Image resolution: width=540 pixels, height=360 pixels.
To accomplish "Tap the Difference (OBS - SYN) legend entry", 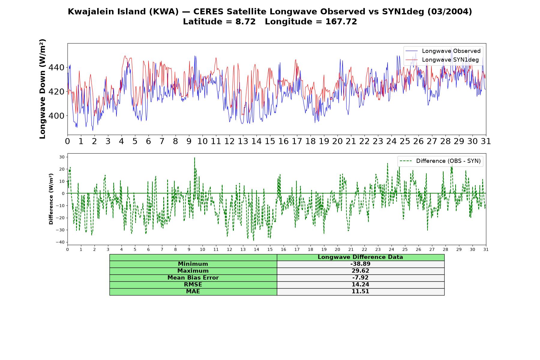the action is pyautogui.click(x=440, y=161).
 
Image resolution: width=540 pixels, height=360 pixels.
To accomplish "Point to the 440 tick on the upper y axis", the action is pyautogui.click(x=56, y=67).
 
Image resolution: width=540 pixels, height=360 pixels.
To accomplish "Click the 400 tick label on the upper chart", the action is pyautogui.click(x=56, y=116).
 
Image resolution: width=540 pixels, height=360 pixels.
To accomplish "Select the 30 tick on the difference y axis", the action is pyautogui.click(x=62, y=157).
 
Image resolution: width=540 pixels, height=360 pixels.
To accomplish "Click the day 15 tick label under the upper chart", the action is pyautogui.click(x=270, y=141).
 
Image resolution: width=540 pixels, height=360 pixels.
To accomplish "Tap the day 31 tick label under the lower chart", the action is pyautogui.click(x=486, y=250).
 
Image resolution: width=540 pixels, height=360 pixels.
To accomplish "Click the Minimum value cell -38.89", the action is pyautogui.click(x=360, y=264).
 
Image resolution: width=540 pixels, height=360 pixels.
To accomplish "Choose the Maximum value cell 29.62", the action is pyautogui.click(x=360, y=271).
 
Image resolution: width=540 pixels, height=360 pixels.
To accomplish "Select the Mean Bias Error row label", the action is pyautogui.click(x=193, y=278).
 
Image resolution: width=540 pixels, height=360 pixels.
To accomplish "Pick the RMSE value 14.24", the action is pyautogui.click(x=360, y=285).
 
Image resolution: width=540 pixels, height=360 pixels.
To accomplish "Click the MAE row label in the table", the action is pyautogui.click(x=193, y=292).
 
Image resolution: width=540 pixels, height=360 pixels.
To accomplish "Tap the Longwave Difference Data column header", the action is pyautogui.click(x=360, y=257).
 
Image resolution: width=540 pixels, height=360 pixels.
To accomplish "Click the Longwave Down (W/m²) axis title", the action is pyautogui.click(x=42, y=89).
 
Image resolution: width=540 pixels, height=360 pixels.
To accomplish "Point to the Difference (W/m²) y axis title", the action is pyautogui.click(x=51, y=199).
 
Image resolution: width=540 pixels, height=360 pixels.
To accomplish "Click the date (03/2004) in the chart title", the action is pyautogui.click(x=450, y=12).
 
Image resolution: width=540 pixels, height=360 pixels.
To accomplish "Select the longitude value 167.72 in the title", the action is pyautogui.click(x=341, y=22).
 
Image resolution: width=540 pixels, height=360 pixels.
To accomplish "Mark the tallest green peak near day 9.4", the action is pyautogui.click(x=194, y=157).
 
